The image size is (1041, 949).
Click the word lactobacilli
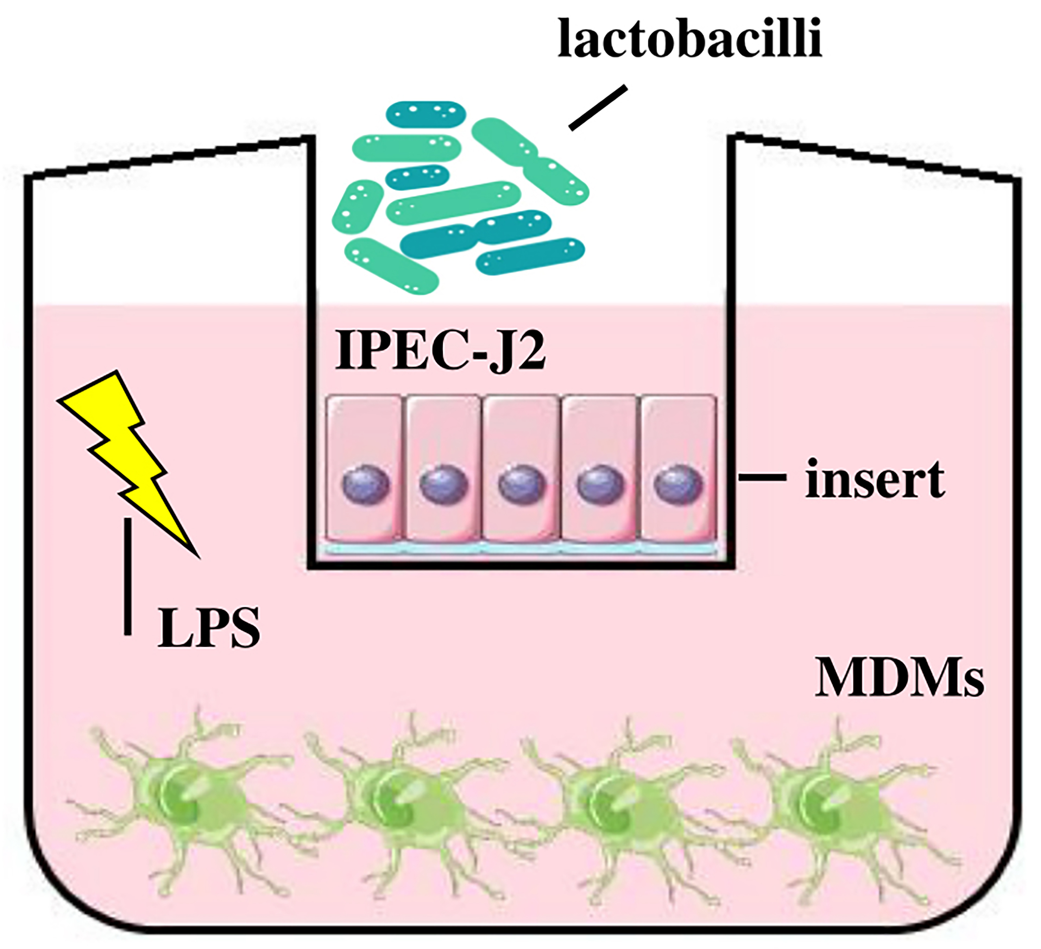[689, 39]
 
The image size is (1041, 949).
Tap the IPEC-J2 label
[440, 351]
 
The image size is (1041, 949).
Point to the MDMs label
[899, 678]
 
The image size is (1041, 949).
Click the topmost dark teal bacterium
[426, 114]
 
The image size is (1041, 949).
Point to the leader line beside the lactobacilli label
[598, 107]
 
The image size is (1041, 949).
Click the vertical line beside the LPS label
[127, 576]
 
